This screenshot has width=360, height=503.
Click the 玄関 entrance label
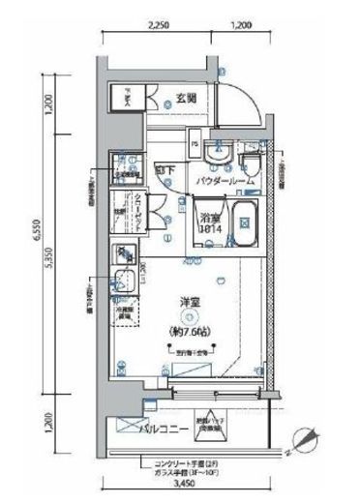(187, 98)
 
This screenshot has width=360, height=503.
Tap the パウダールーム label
(225, 181)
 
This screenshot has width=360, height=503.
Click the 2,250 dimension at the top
(160, 27)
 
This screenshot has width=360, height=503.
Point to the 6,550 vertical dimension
(35, 235)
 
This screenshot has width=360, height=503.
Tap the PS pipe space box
(195, 147)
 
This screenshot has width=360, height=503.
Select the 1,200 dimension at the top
(244, 27)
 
